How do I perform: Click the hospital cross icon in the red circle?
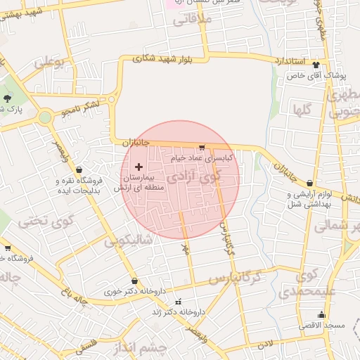(138, 167)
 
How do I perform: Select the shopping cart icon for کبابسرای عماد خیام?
(202, 148)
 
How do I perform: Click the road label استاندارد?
(289, 62)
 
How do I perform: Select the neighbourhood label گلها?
(303, 108)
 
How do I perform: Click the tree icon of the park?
(8, 98)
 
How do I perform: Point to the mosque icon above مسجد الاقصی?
(322, 314)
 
